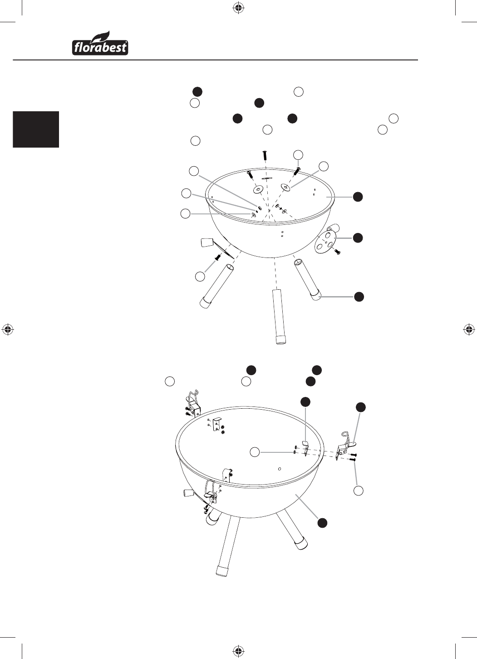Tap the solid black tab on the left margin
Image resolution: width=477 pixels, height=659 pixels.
[36, 129]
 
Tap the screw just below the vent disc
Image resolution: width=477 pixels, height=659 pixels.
[338, 252]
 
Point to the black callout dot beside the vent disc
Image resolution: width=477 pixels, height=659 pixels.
[358, 238]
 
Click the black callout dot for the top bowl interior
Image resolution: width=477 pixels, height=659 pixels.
[358, 197]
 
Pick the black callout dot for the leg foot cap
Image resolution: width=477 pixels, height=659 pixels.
[359, 297]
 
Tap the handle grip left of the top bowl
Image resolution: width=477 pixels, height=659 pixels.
[207, 243]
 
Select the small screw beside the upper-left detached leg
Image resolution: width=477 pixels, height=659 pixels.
[218, 257]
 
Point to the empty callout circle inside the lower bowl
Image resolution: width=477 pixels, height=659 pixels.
[255, 452]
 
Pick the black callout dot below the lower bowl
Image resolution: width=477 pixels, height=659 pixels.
[323, 522]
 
